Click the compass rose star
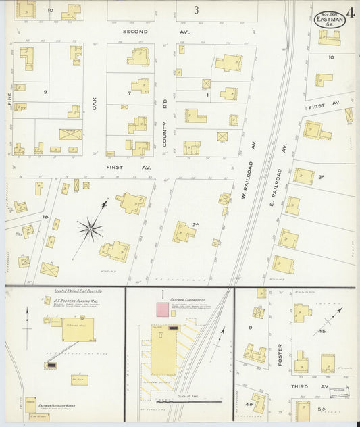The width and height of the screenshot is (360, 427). coord(90,230)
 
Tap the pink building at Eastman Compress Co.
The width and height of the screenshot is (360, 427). coord(163,309)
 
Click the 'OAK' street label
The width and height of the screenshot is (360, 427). coord(95,103)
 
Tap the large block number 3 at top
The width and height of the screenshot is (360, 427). coord(195,9)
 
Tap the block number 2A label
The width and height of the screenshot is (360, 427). coord(196,225)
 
